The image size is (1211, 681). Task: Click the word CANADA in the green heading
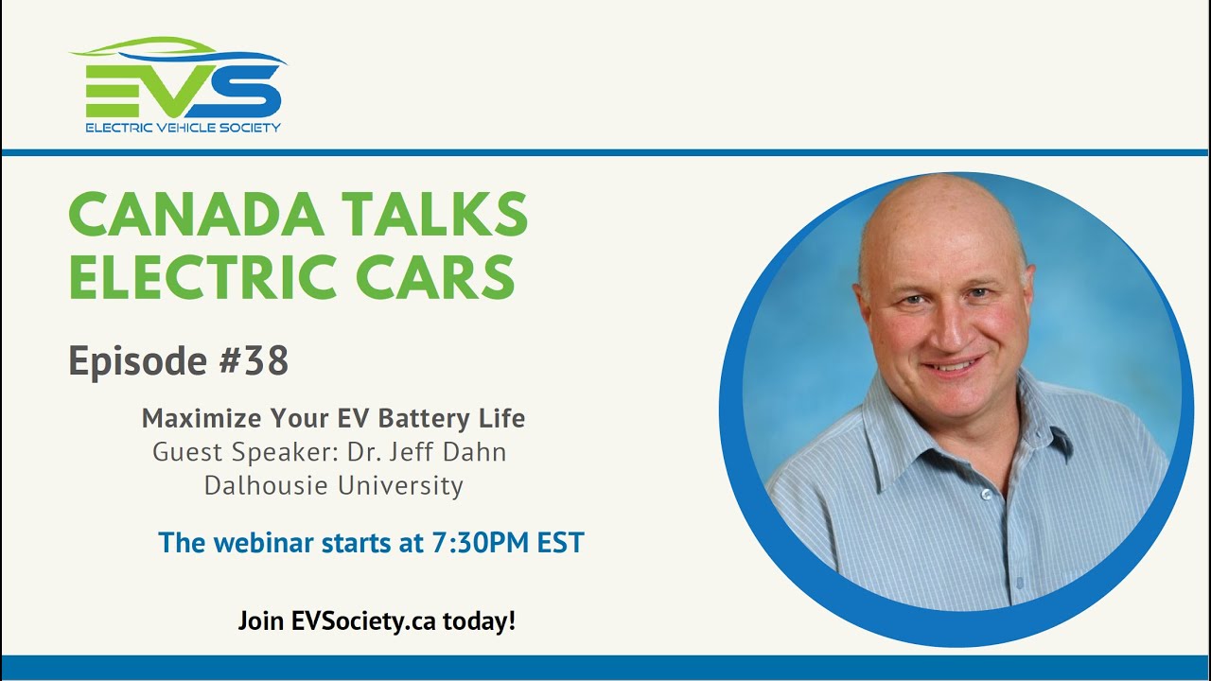(x=196, y=214)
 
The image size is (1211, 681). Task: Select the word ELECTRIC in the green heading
(x=203, y=276)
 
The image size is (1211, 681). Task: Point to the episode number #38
(x=254, y=360)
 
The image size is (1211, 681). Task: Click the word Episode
(x=138, y=361)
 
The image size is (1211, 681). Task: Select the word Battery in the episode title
(x=424, y=419)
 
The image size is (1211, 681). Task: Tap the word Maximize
(x=203, y=418)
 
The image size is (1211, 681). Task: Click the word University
(x=400, y=486)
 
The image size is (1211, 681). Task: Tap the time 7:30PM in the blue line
(x=480, y=543)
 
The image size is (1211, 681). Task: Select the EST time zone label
(x=561, y=543)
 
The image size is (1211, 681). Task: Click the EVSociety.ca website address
(x=363, y=621)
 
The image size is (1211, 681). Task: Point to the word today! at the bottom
(x=479, y=621)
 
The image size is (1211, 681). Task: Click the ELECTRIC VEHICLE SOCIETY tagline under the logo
(x=184, y=128)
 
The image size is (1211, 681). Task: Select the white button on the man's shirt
(x=987, y=494)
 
